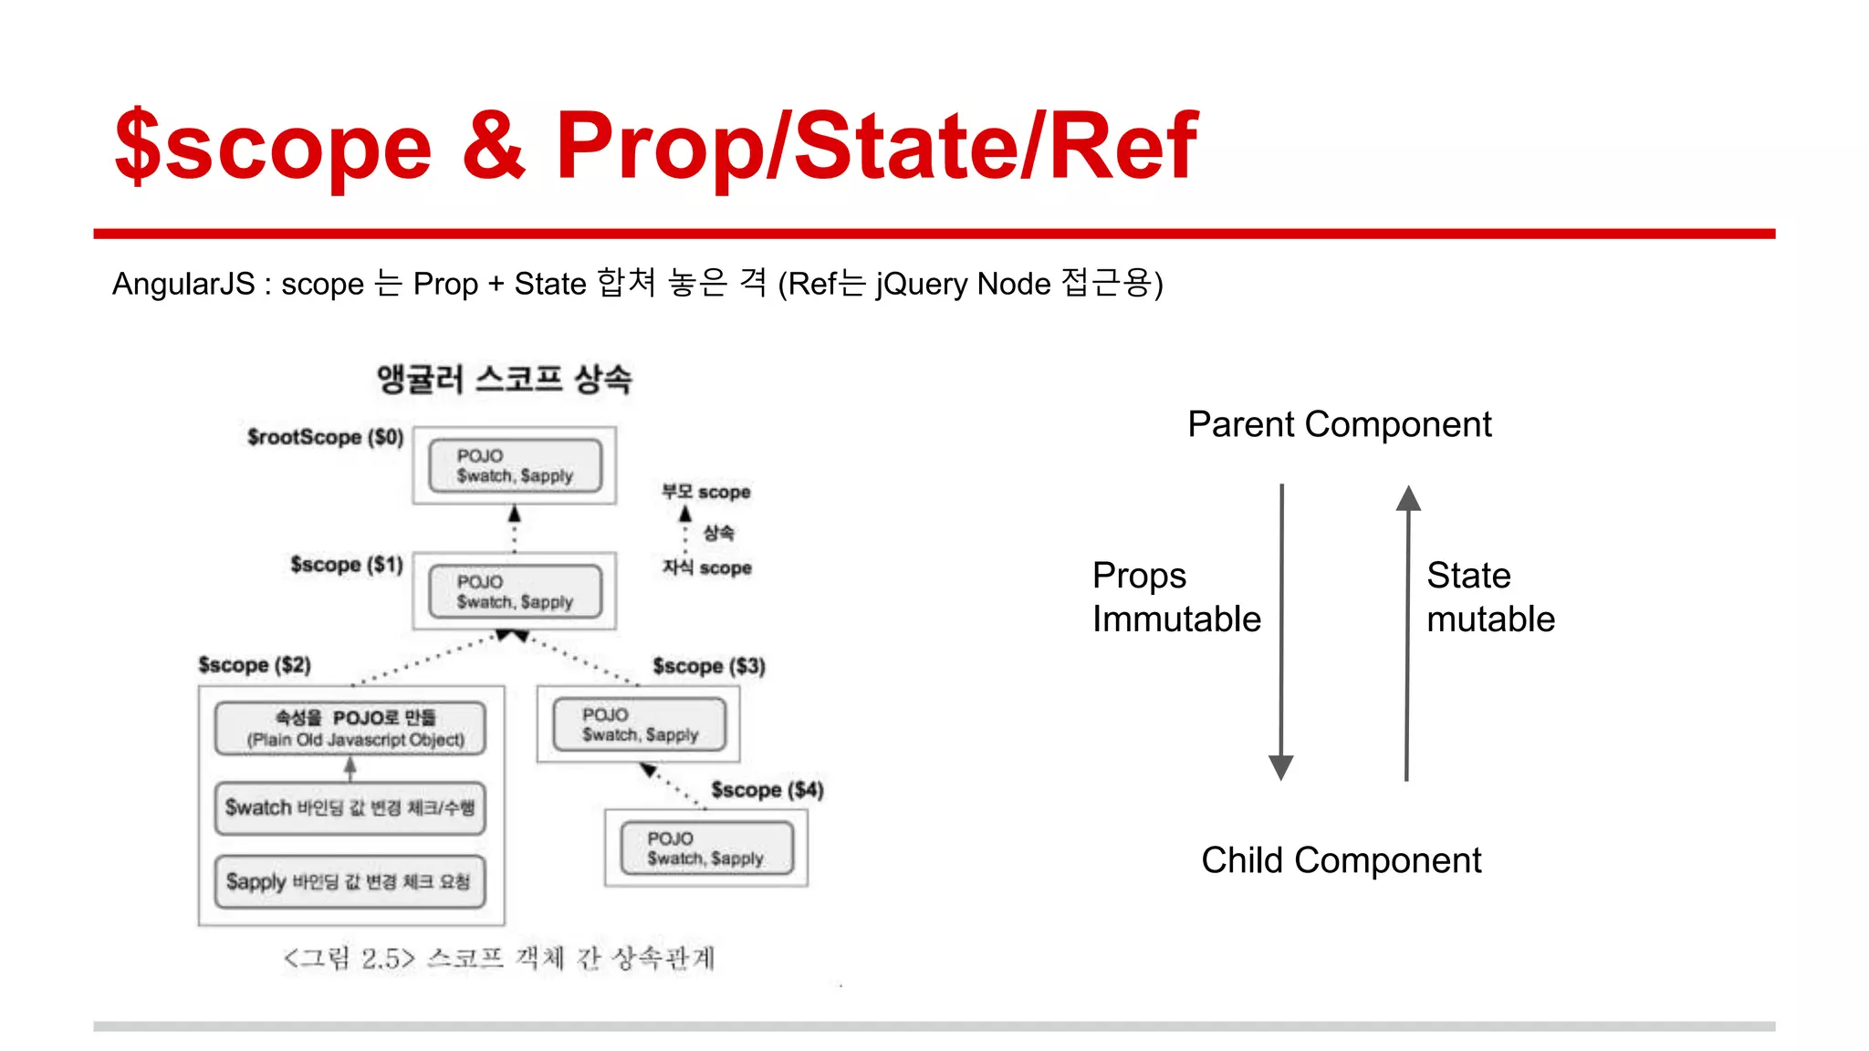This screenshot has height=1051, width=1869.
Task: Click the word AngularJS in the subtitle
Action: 183,284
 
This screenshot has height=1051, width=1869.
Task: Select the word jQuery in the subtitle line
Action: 922,284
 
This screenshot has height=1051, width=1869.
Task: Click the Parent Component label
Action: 1339,424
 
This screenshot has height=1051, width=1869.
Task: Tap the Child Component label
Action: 1341,860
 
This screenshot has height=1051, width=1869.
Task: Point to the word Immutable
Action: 1176,619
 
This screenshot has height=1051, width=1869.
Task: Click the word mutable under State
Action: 1490,619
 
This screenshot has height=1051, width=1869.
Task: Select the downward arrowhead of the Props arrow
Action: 1281,767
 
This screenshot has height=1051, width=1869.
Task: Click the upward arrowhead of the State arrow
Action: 1408,498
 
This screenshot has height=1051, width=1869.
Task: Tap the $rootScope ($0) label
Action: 325,437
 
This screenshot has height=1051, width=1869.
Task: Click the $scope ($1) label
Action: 346,565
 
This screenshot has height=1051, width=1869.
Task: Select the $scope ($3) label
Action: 709,666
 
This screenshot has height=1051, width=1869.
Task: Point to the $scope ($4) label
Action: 767,790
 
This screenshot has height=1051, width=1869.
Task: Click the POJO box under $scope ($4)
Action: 706,848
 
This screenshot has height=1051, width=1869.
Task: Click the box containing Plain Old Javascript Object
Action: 350,728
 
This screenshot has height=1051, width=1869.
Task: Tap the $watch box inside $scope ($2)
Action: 350,808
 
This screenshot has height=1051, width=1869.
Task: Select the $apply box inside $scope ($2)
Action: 350,882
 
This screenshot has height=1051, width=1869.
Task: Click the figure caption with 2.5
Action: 499,958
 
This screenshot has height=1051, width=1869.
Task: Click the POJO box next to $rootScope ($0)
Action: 515,465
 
